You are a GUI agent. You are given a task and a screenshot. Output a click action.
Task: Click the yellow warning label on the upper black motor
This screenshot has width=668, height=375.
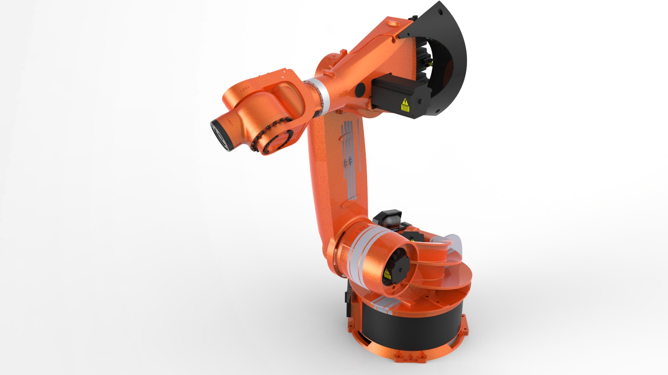tap(405, 105)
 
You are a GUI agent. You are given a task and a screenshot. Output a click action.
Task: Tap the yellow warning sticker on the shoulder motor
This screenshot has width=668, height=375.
tap(387, 274)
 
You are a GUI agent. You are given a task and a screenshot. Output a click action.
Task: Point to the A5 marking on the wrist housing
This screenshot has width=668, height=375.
tap(244, 89)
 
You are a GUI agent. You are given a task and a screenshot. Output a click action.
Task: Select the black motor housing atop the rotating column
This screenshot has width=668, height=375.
tap(388, 219)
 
